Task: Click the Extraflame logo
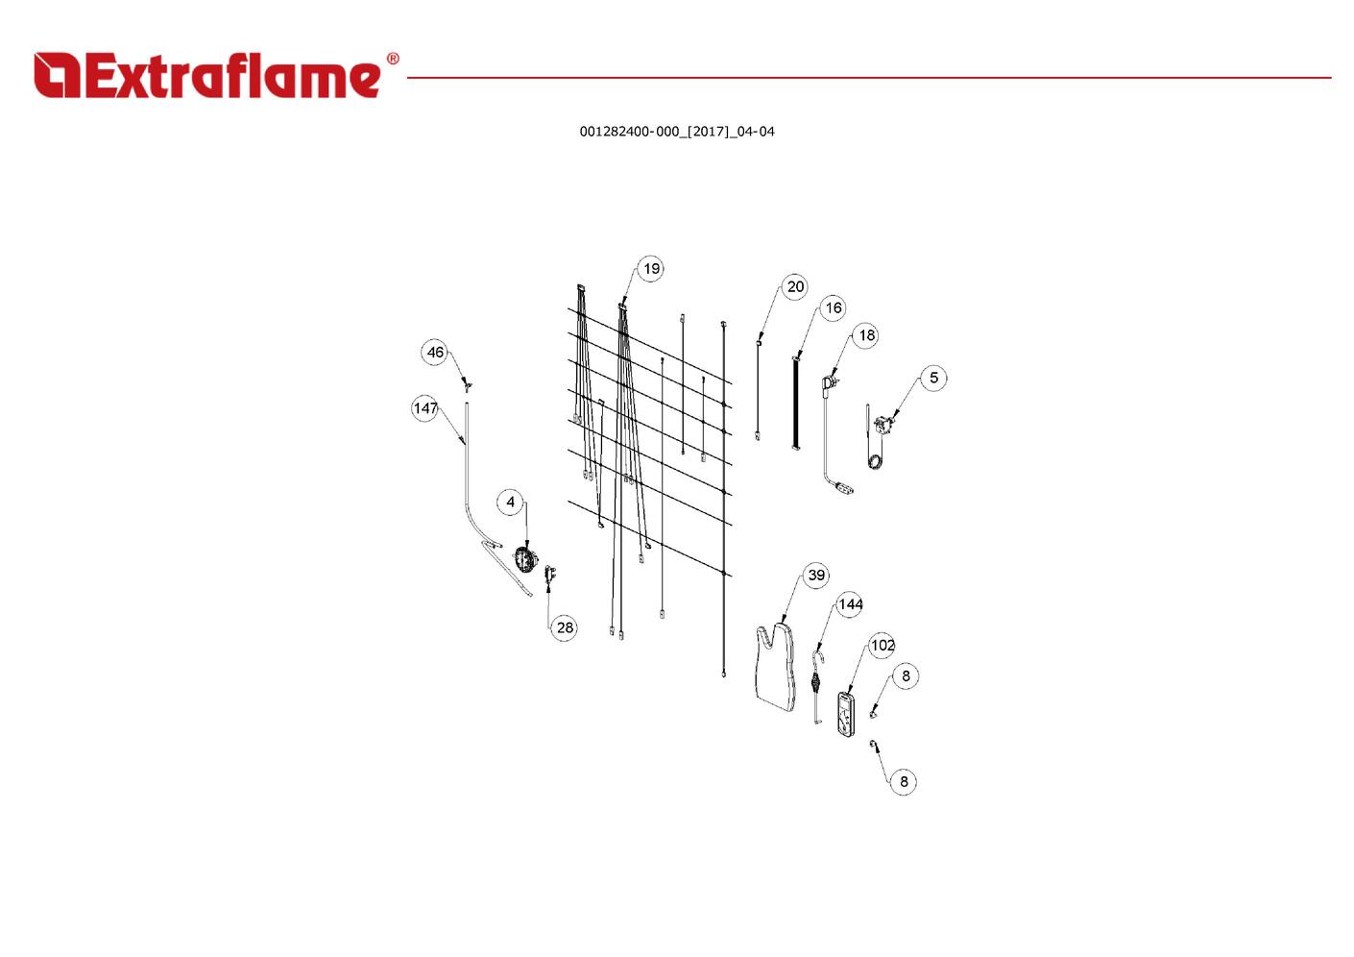(x=206, y=76)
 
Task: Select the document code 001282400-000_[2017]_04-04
(x=676, y=132)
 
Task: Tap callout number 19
(x=651, y=269)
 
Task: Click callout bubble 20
(x=795, y=286)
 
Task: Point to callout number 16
(x=833, y=308)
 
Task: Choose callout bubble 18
(x=866, y=335)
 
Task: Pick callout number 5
(x=933, y=378)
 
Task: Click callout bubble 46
(x=435, y=353)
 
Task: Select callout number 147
(x=425, y=408)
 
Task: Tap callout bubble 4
(x=510, y=502)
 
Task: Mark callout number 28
(x=565, y=627)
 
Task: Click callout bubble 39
(x=815, y=576)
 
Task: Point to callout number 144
(x=850, y=604)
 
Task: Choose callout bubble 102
(x=882, y=646)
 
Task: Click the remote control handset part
(x=845, y=714)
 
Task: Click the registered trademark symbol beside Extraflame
(x=393, y=60)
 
